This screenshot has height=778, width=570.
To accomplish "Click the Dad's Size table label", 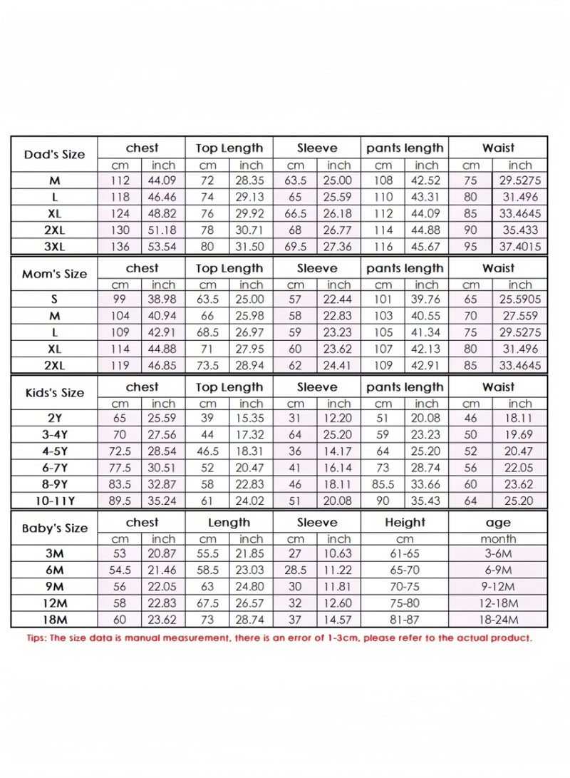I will pyautogui.click(x=54, y=155).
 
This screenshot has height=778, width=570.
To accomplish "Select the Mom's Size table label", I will pyautogui.click(x=54, y=274).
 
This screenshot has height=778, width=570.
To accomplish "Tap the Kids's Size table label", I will pyautogui.click(x=54, y=393).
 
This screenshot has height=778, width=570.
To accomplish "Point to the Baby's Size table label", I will pyautogui.click(x=54, y=528).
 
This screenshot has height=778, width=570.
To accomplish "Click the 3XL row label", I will pyautogui.click(x=54, y=247).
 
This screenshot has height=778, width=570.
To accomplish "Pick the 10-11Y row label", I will pyautogui.click(x=54, y=501).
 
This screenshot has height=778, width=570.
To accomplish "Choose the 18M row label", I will pyautogui.click(x=54, y=620).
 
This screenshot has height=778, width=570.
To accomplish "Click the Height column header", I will pyautogui.click(x=405, y=523).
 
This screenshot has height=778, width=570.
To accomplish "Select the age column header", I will pyautogui.click(x=498, y=523).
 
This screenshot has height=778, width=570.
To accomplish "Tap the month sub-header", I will pyautogui.click(x=498, y=539).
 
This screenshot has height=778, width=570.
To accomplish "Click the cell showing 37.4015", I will pyautogui.click(x=520, y=247).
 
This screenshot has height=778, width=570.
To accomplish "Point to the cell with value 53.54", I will pyautogui.click(x=163, y=247).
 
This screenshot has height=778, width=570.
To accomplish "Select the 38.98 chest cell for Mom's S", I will pyautogui.click(x=163, y=300).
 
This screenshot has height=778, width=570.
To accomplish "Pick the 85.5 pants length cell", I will pyautogui.click(x=383, y=484).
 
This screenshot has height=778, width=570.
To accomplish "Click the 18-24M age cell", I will pyautogui.click(x=498, y=620).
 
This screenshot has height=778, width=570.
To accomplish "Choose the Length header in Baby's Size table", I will pyautogui.click(x=229, y=523).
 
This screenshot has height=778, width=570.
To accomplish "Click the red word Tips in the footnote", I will pyautogui.click(x=35, y=638).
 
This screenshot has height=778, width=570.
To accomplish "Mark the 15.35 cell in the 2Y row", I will pyautogui.click(x=251, y=419).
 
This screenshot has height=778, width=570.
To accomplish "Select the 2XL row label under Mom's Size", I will pyautogui.click(x=54, y=366).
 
